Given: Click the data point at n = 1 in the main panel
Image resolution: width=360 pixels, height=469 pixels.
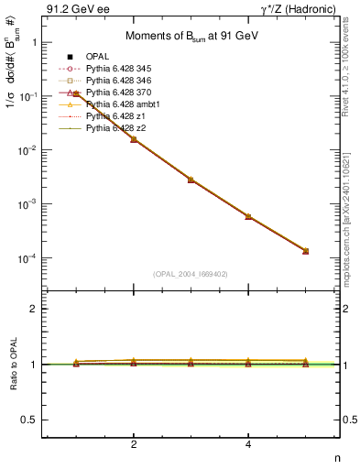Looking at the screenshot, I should click(x=76, y=94).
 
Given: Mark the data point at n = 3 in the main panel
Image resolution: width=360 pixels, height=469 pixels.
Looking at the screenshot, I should click(x=191, y=180).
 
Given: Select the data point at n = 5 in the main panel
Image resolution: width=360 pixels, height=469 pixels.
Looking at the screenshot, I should click(x=305, y=251).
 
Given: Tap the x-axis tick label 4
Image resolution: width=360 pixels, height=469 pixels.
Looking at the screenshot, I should click(x=248, y=445).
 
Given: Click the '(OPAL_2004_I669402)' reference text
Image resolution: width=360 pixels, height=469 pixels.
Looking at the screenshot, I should click(x=191, y=274).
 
